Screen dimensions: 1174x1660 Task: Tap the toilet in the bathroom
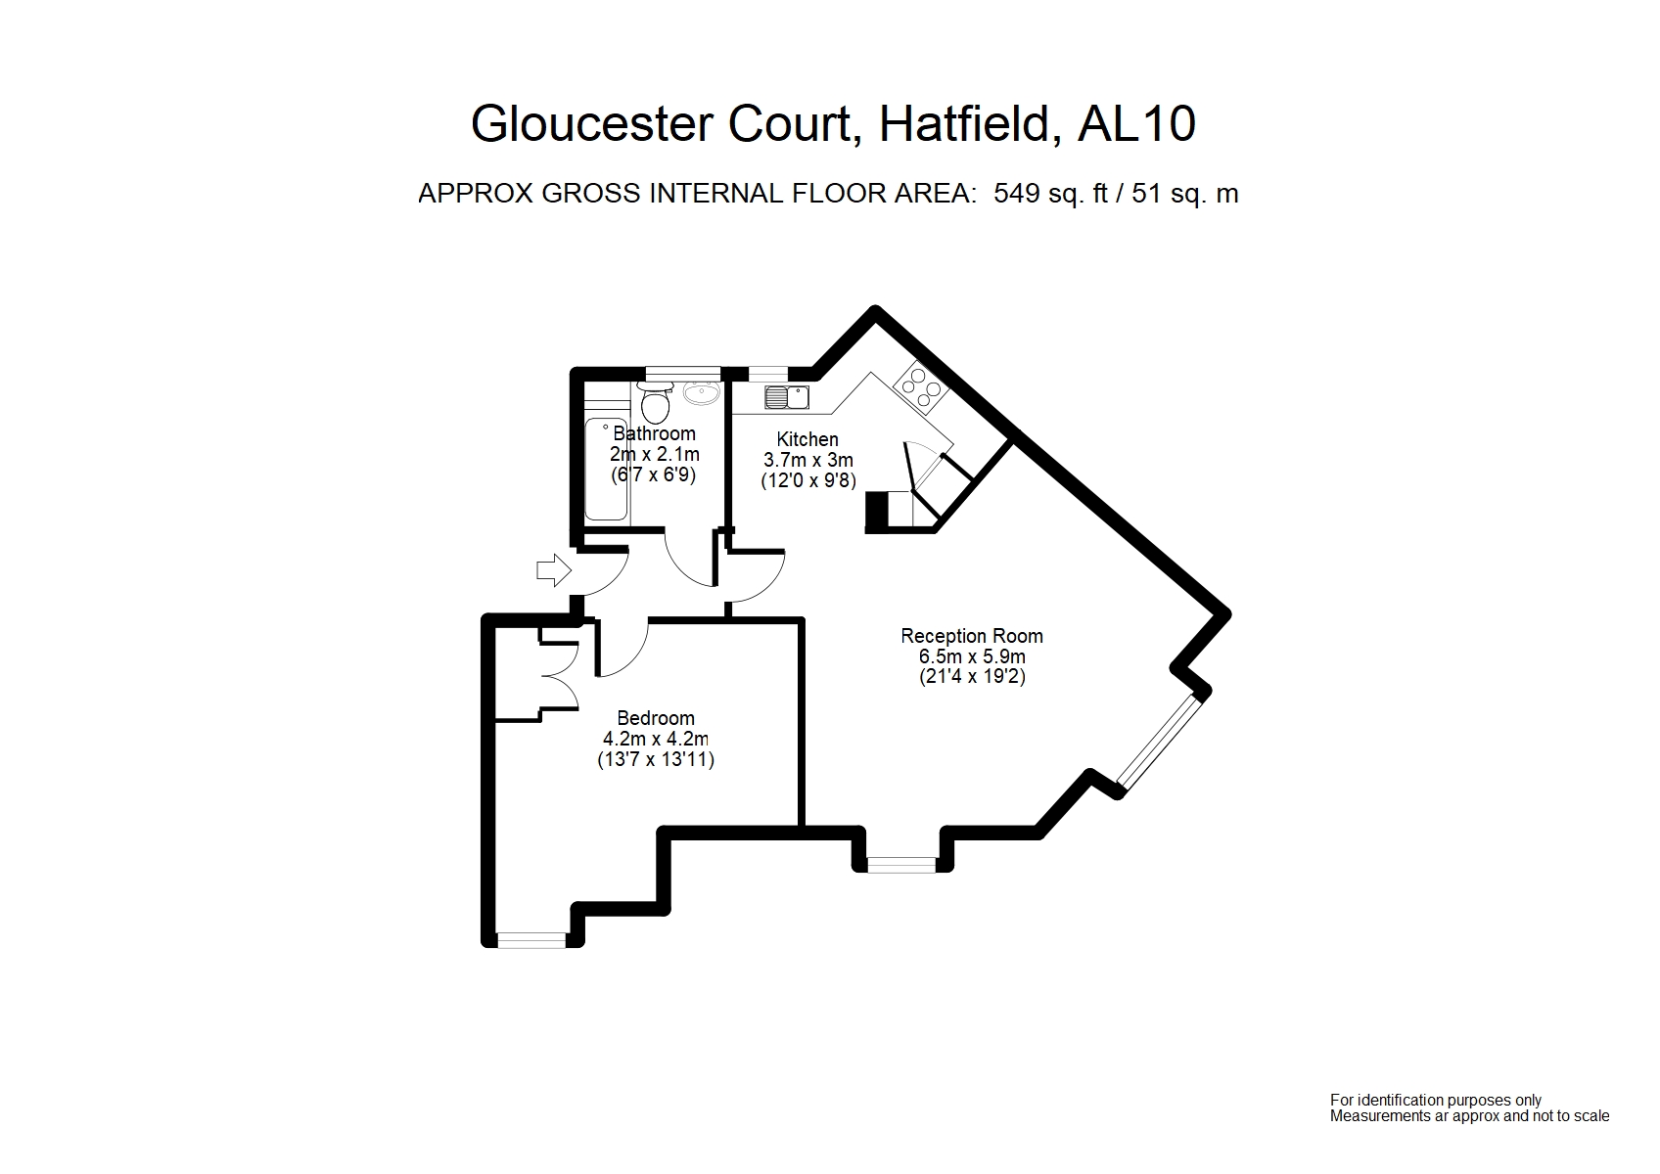[654, 401]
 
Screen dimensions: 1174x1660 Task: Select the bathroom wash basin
[701, 393]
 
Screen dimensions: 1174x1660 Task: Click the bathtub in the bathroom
[606, 470]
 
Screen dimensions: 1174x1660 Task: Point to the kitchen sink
[787, 396]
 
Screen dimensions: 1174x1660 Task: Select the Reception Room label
[972, 636]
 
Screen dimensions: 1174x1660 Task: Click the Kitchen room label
[807, 439]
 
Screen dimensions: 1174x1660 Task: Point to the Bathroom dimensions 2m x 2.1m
[655, 455]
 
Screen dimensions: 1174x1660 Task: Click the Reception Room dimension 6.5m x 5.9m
[972, 656]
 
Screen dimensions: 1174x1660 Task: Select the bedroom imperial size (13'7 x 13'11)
[656, 759]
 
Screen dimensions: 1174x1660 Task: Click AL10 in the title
[1136, 124]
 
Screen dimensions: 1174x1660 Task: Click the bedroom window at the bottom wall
[531, 940]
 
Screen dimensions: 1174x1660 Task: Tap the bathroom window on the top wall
[682, 372]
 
